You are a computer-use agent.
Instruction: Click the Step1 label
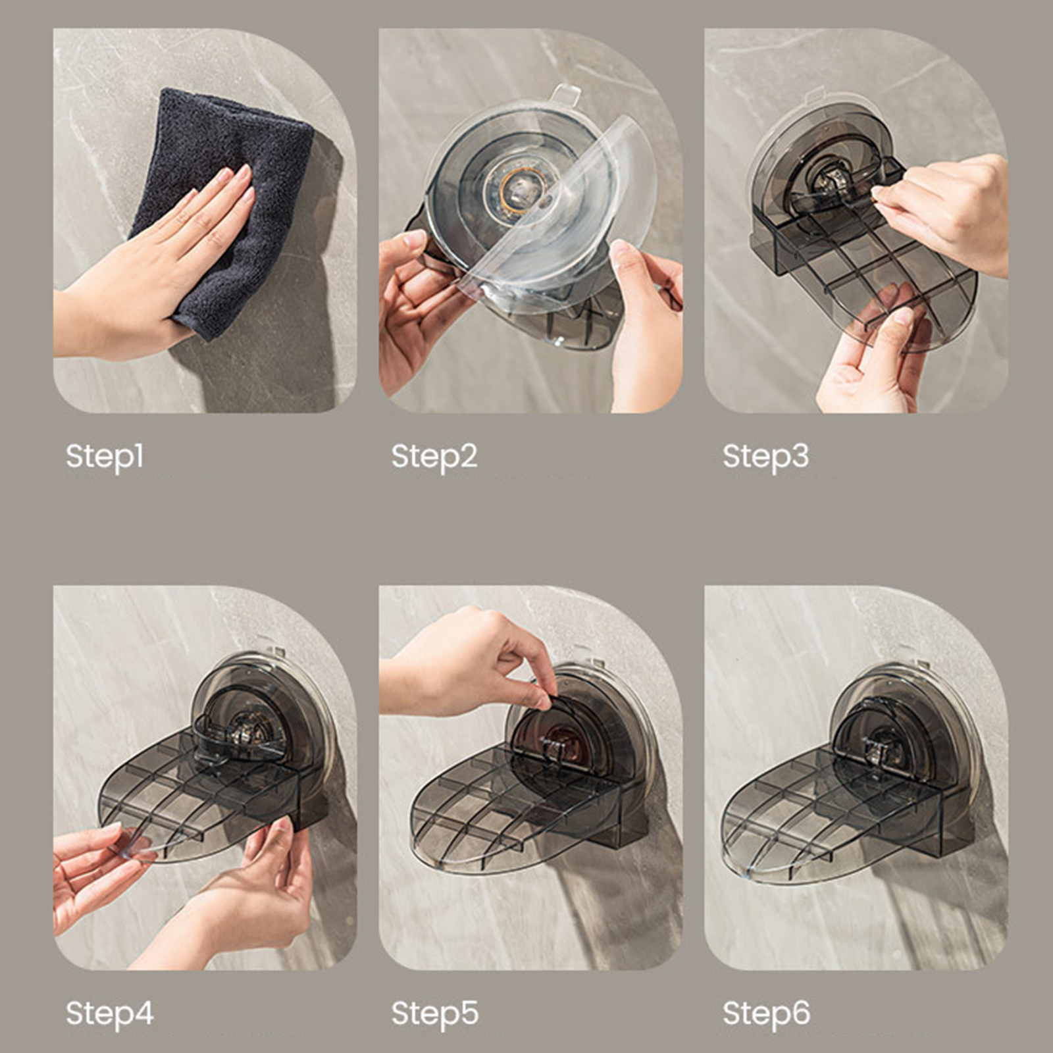pos(105,456)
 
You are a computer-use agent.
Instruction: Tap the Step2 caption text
pos(434,456)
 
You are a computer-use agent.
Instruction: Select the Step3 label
pos(765,456)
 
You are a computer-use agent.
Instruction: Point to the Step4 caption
pos(109,1014)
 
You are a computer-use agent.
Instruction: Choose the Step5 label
pos(435,1014)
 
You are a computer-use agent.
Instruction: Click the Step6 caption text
pos(766,1014)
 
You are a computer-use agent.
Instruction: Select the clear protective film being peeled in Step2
pos(553,211)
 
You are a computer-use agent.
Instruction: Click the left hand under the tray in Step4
pos(92,875)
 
